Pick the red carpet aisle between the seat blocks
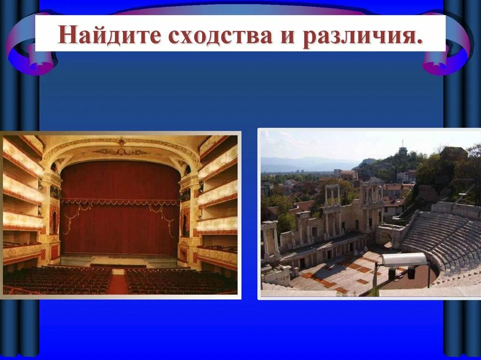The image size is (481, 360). [x=118, y=283]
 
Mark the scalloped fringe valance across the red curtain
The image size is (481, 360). [x=120, y=202]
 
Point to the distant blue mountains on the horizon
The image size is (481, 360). [x=305, y=163]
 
